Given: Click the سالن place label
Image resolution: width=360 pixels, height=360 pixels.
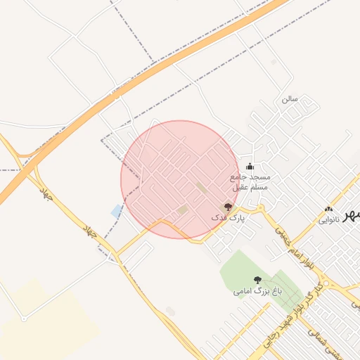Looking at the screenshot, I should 290,98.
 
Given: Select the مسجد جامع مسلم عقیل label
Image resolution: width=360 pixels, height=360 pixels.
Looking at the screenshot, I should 250,183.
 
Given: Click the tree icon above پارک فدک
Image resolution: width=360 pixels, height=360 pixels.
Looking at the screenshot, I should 227,207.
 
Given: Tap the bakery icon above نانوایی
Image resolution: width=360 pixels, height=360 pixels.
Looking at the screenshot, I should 328,209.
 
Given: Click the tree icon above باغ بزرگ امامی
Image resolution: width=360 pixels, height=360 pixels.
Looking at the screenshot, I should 257,279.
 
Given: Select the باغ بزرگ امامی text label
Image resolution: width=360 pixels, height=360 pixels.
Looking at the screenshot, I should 257,290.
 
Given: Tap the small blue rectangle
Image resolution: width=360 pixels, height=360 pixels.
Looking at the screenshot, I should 116,211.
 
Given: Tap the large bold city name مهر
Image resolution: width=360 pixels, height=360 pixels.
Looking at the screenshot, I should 350,217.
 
